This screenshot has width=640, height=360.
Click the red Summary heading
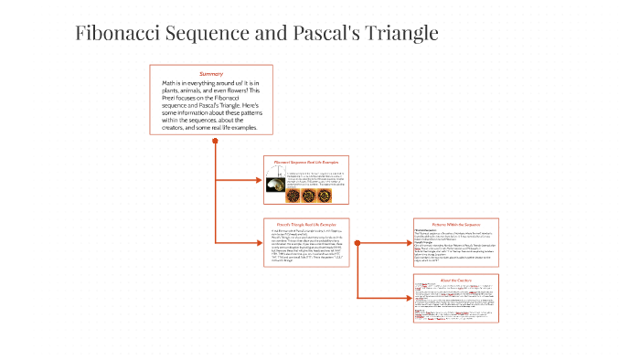211,73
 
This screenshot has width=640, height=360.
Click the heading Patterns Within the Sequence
454,224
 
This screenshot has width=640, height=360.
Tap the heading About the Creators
454,279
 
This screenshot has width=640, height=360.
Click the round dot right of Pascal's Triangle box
357,242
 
